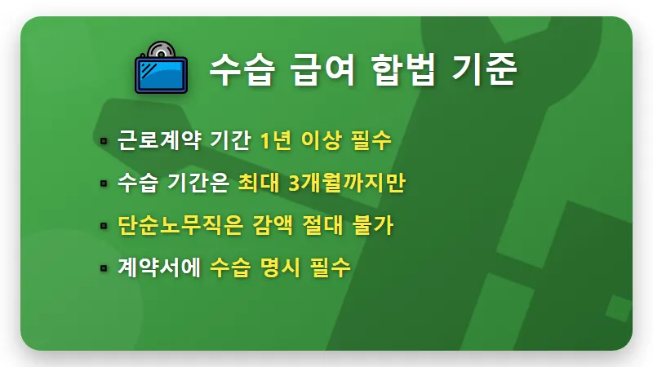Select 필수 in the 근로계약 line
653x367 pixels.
(371, 139)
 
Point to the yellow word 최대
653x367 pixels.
(258, 183)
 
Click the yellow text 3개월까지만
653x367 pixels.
(347, 183)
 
